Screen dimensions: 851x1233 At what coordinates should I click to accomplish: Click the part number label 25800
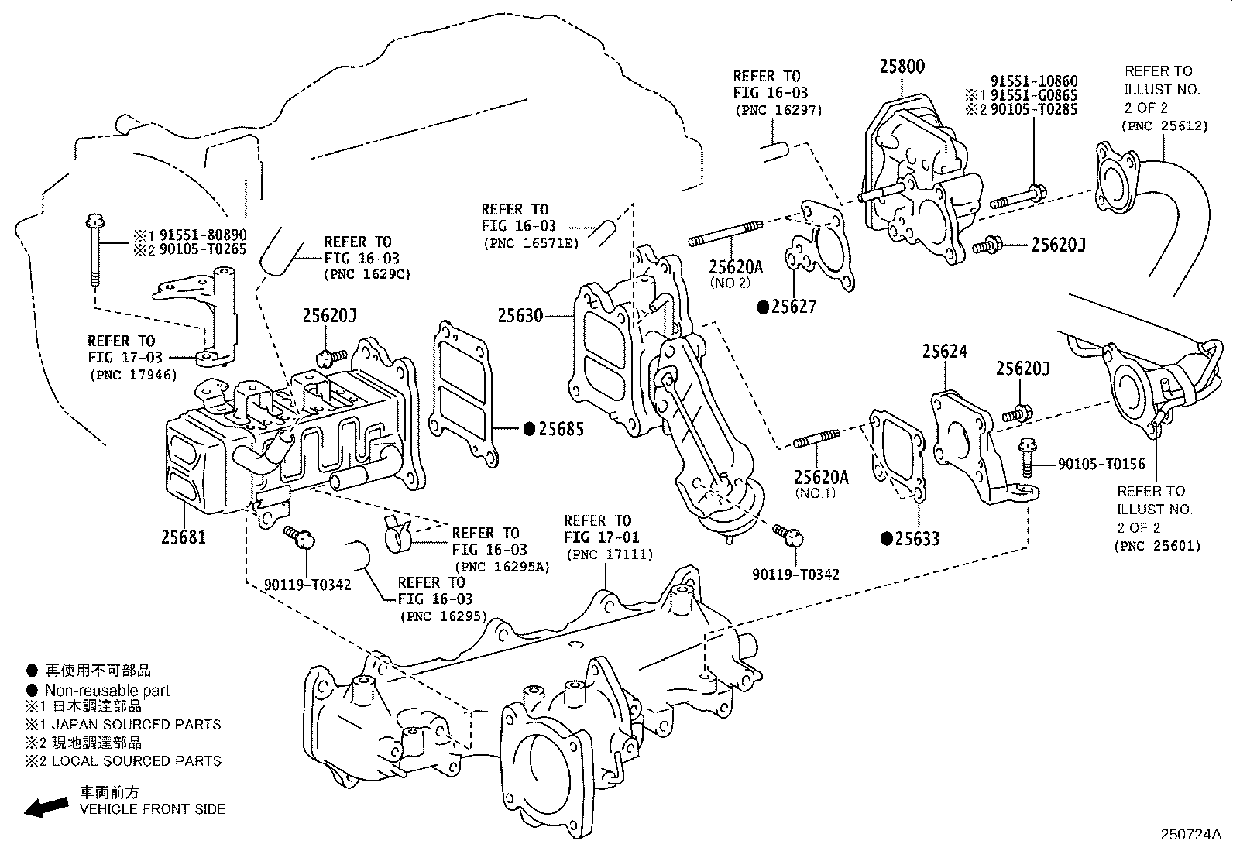[x=902, y=67]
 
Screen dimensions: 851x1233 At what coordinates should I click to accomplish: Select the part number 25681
[x=184, y=535]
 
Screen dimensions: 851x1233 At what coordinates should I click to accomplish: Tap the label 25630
[x=520, y=316]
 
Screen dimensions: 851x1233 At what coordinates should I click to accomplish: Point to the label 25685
[x=561, y=429]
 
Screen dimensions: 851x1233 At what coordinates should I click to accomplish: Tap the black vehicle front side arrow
[x=46, y=807]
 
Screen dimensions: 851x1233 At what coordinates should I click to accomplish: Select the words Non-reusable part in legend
[x=107, y=690]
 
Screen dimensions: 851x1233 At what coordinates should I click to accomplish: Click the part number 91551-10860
[x=1033, y=81]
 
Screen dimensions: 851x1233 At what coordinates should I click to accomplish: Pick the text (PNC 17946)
[x=132, y=376]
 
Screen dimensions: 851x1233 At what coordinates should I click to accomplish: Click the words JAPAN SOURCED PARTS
[x=136, y=725]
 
